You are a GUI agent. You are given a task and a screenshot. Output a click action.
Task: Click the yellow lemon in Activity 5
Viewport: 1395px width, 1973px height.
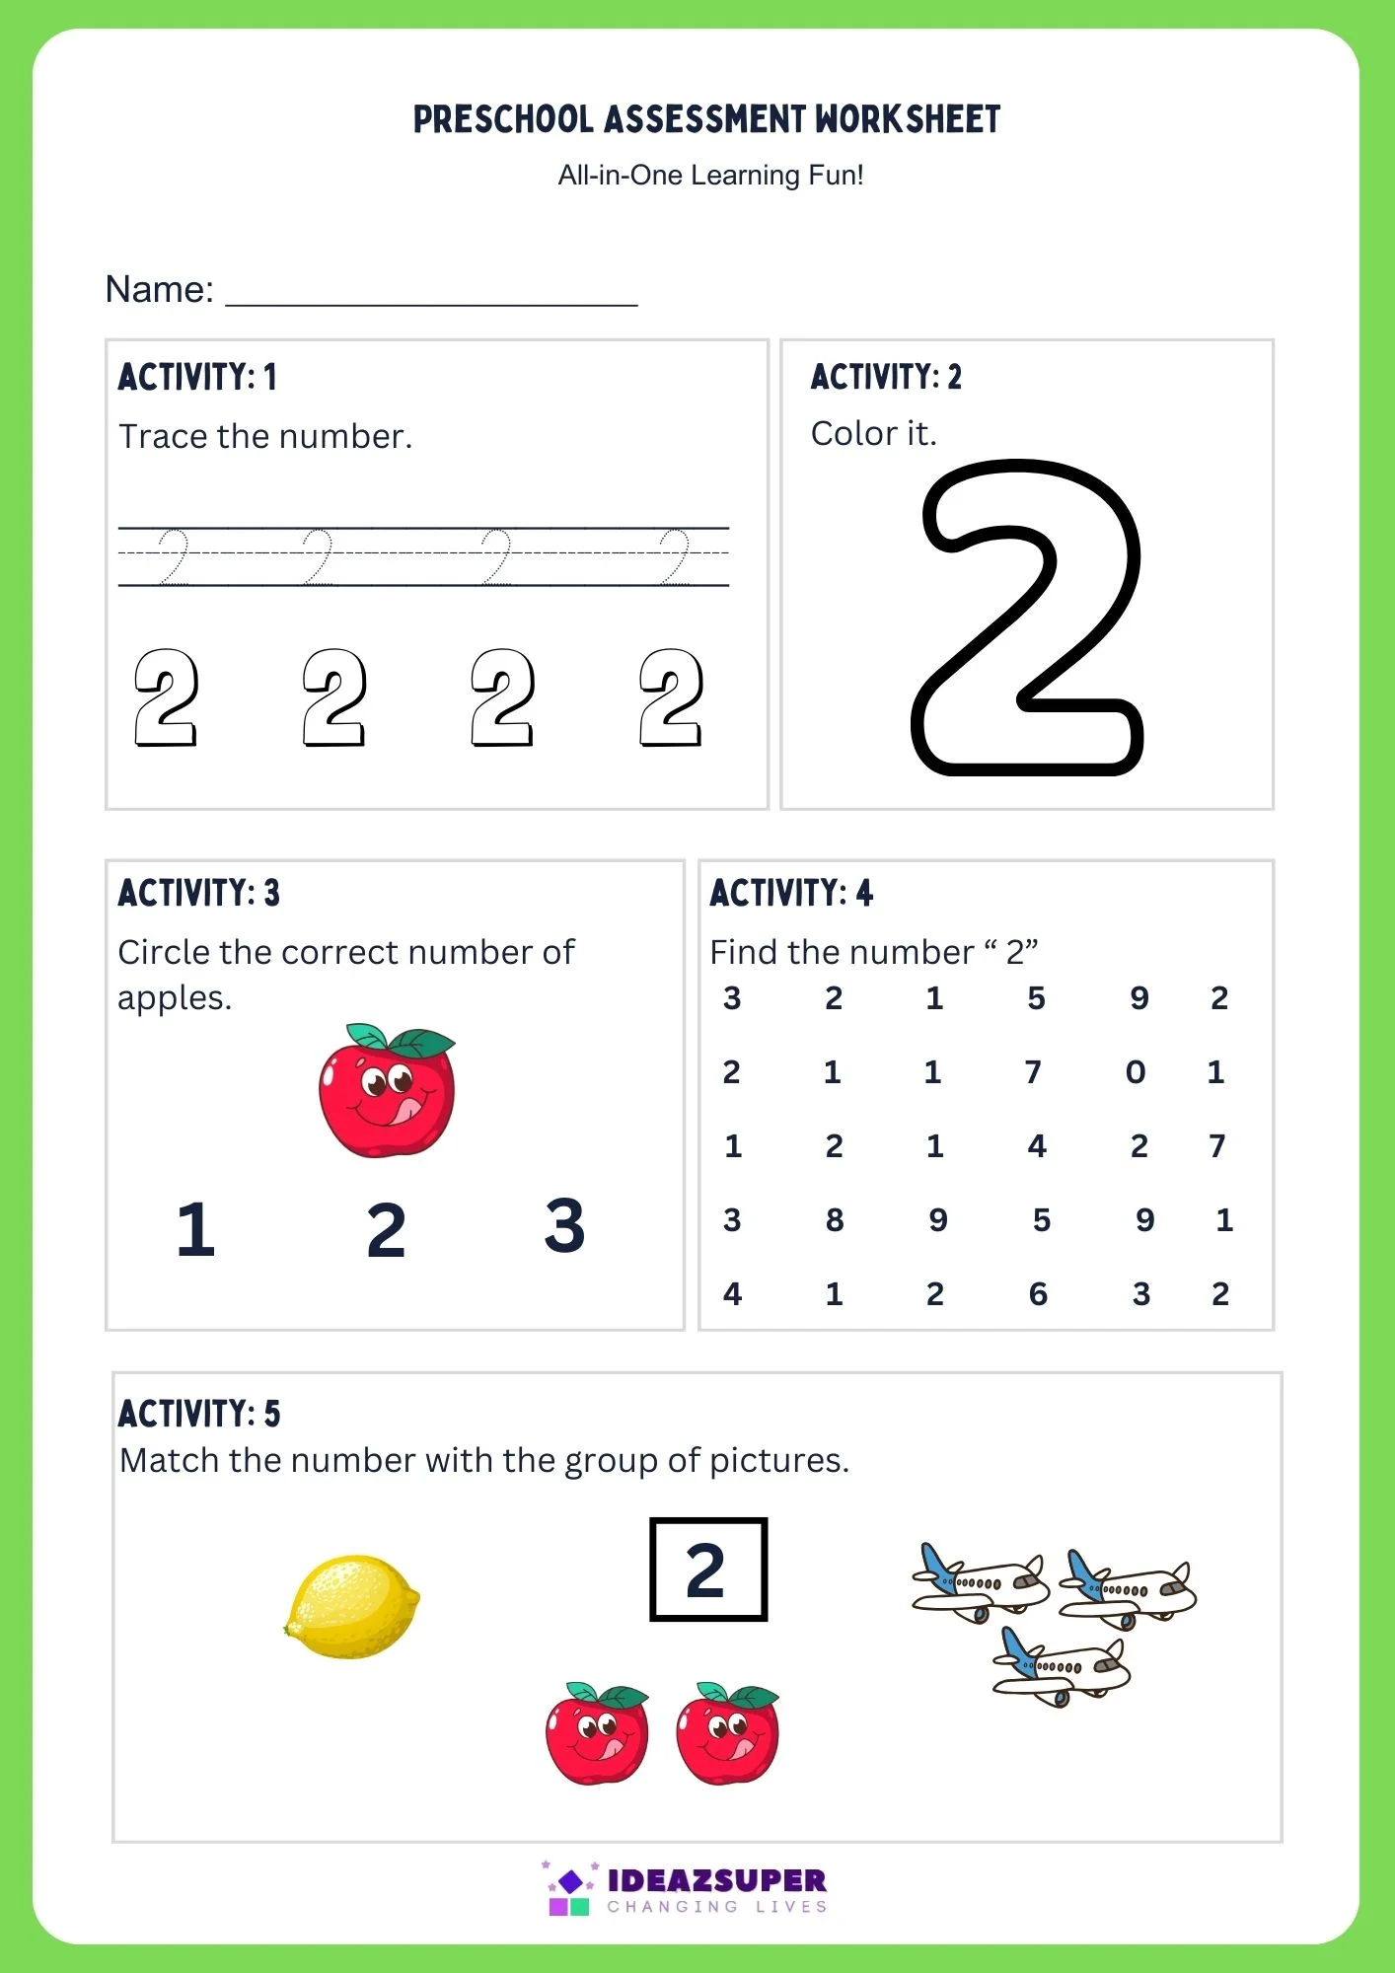351,1606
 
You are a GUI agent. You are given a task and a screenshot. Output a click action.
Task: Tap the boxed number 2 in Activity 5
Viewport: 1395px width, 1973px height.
707,1570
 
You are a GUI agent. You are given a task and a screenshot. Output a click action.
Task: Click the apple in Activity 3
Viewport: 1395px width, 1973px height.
387,1090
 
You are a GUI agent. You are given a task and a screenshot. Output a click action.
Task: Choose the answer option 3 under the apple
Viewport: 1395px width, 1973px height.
564,1226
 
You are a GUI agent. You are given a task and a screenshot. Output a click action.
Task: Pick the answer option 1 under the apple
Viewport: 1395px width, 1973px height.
195,1230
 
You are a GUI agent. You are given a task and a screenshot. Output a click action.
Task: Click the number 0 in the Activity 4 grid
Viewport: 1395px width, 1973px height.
1136,1072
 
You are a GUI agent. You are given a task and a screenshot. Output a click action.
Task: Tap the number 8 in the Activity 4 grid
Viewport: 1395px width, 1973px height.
835,1220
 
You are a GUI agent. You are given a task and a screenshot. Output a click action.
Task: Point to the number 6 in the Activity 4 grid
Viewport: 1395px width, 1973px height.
1038,1294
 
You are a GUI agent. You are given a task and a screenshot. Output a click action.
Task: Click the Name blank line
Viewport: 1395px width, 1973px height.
431,292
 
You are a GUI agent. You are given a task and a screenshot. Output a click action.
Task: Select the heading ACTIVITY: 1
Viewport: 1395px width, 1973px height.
197,377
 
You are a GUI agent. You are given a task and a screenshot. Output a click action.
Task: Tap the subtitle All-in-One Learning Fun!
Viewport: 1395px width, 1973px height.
710,176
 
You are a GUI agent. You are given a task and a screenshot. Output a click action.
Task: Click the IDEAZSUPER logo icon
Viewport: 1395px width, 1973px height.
570,1889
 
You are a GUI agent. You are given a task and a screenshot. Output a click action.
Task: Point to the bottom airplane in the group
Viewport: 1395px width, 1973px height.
1061,1665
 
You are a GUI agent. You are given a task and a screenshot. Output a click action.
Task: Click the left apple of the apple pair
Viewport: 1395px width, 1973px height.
597,1733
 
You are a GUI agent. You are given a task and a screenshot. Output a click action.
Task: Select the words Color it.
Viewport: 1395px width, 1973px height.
873,433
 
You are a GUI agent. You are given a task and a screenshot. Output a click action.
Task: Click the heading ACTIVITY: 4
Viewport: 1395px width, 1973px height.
791,893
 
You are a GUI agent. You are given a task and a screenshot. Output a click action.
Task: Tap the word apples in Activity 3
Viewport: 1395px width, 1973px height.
174,998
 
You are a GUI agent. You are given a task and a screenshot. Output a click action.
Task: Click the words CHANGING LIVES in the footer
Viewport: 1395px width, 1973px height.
717,1907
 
